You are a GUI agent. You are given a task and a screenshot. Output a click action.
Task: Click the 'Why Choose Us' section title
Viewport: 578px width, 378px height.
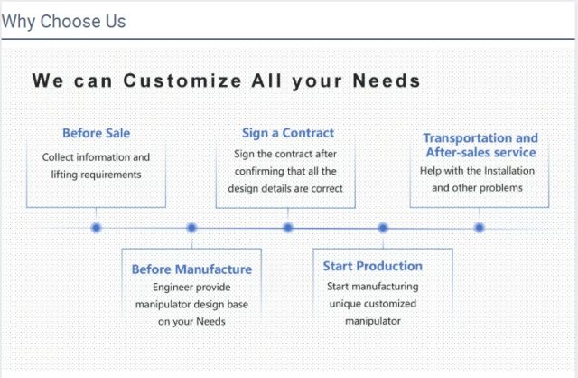coord(63,22)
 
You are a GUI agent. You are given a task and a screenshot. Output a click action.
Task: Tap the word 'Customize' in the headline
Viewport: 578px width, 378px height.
coord(182,80)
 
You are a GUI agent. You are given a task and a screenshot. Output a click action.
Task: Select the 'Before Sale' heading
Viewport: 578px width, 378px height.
coord(97,133)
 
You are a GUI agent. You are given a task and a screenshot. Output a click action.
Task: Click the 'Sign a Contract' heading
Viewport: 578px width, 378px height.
coord(288,133)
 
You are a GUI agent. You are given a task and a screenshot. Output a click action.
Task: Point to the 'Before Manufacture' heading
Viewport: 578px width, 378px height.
coord(191,269)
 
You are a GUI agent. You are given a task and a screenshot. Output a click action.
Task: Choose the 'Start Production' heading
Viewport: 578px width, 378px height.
coord(373,266)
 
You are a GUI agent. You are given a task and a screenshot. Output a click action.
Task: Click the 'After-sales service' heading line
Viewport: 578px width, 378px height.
coord(481,152)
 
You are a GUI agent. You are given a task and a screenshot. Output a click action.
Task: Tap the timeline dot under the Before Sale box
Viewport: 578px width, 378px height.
coord(97,228)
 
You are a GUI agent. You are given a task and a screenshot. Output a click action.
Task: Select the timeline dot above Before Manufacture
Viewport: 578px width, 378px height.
coord(191,228)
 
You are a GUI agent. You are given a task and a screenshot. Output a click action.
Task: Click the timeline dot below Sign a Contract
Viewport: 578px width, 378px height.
coord(288,228)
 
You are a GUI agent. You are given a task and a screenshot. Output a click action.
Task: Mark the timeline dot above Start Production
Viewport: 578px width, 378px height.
coord(383,228)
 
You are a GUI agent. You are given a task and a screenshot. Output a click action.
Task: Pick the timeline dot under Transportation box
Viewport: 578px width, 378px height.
coord(480,228)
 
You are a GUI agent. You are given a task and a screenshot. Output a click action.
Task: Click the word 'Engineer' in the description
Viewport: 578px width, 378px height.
coord(171,288)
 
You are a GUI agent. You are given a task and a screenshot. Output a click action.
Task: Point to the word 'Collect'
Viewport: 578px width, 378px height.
coord(58,157)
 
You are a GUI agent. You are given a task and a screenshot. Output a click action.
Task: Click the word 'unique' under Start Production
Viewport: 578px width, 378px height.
coord(342,304)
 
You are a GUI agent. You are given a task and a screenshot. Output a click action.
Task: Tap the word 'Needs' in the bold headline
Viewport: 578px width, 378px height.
coord(387,80)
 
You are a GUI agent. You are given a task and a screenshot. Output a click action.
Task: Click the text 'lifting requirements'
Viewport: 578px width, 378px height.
coord(97,175)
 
